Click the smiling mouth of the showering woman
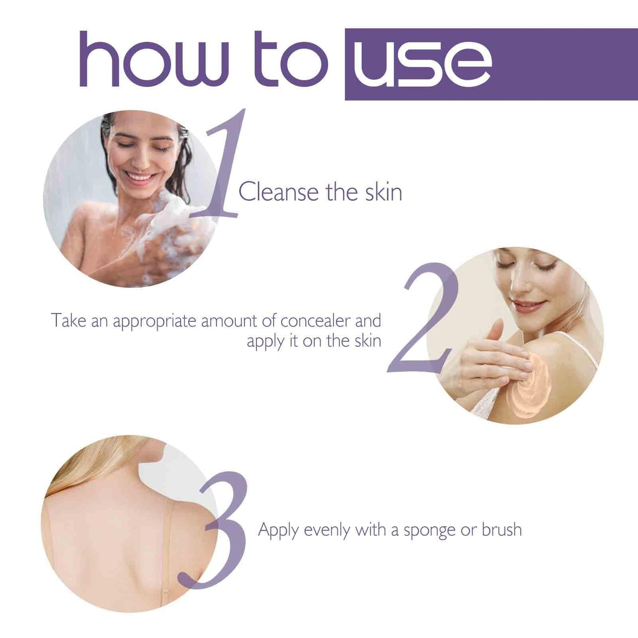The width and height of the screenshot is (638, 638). click(140, 177)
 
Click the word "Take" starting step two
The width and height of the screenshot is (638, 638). click(68, 321)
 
